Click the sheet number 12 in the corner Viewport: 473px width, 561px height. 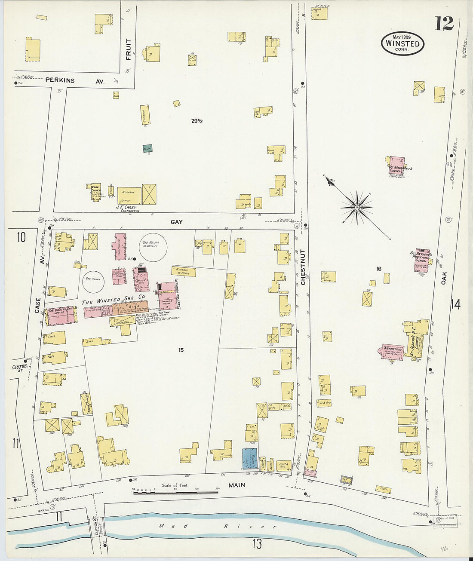point(444,23)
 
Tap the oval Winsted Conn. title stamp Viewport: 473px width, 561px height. point(402,43)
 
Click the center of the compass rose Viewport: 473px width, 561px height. point(356,208)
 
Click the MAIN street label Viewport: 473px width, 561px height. point(236,485)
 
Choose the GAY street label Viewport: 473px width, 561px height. point(176,222)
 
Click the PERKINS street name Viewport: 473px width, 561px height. point(60,80)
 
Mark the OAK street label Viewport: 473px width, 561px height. point(443,278)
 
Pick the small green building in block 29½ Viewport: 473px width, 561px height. point(147,148)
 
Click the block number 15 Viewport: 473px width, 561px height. point(181,350)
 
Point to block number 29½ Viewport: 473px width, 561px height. point(197,121)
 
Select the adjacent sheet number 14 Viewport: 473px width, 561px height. point(455,304)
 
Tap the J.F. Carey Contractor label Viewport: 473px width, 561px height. point(128,209)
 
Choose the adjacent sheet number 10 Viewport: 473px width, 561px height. point(21,237)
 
